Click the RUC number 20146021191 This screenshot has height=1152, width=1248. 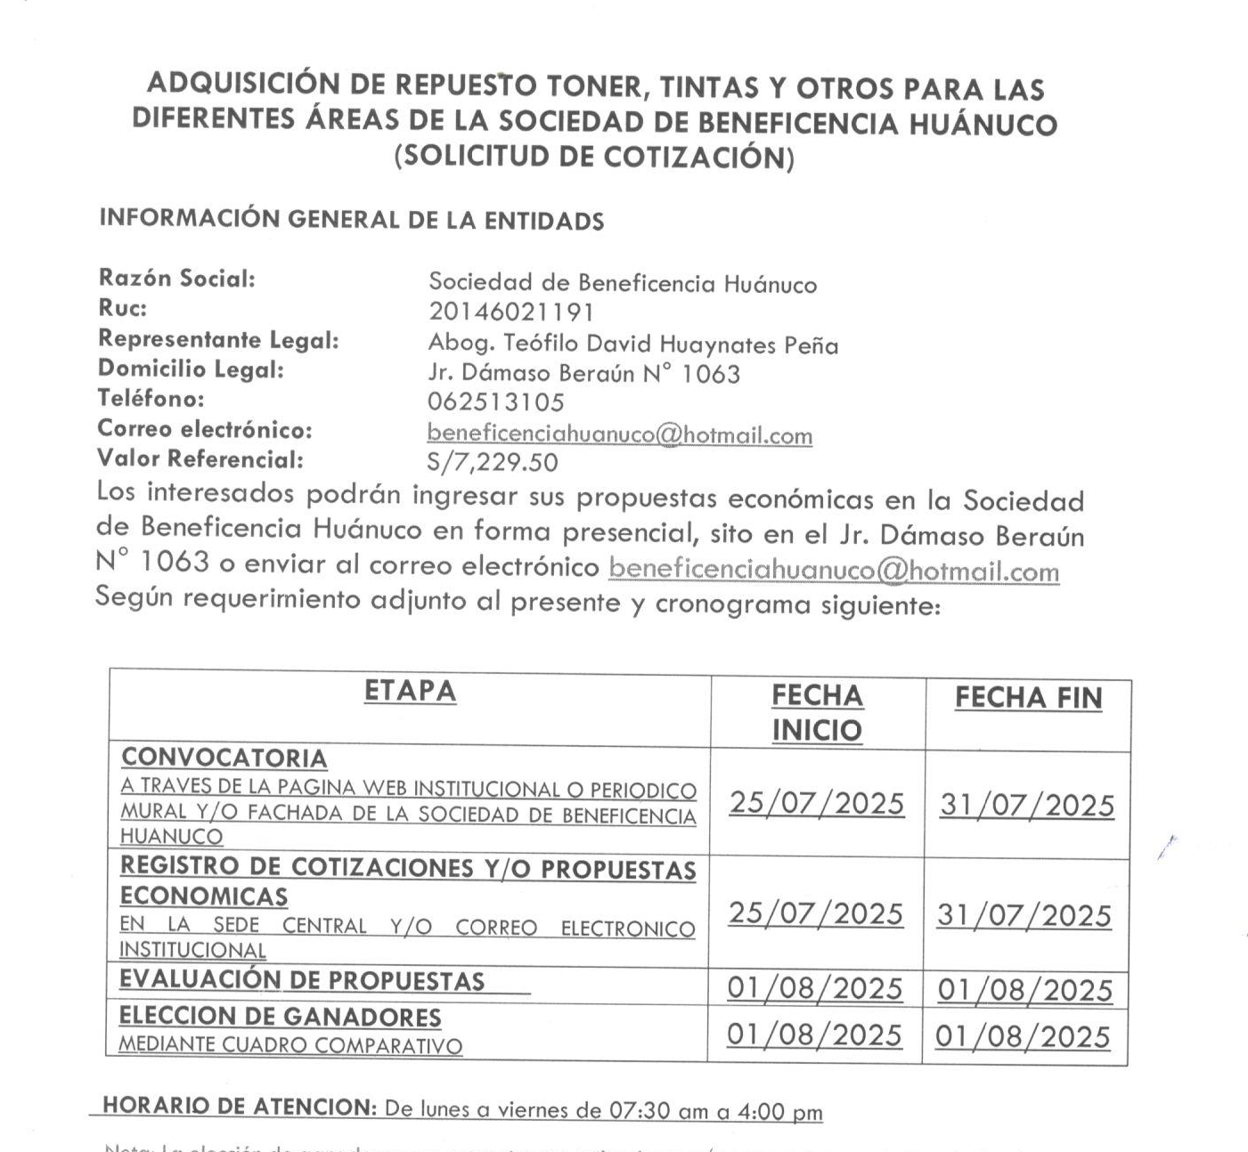[510, 312]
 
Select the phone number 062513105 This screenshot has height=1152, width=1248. [495, 402]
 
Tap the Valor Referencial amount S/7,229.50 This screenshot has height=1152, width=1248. [493, 463]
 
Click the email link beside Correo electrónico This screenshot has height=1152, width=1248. [619, 434]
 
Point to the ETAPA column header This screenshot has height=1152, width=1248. [410, 692]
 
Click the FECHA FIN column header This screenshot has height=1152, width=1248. [1028, 698]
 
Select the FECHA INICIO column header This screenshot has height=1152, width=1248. [817, 712]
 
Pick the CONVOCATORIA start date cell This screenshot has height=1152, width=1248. [817, 803]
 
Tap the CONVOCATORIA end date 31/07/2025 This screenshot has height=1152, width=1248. [1027, 806]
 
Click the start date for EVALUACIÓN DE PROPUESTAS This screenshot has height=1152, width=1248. [815, 988]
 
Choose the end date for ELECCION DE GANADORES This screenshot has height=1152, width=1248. [1023, 1037]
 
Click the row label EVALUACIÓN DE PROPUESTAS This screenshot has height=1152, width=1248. [302, 980]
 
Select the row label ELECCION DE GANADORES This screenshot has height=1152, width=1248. [280, 1017]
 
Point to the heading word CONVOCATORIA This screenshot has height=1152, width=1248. [224, 759]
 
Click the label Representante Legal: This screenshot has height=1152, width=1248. [218, 339]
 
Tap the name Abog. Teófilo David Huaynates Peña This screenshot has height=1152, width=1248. [632, 344]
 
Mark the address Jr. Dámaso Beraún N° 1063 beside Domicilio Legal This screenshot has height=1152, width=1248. [583, 373]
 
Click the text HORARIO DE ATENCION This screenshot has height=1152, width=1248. [240, 1107]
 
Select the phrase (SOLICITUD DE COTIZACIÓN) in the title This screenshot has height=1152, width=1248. [594, 157]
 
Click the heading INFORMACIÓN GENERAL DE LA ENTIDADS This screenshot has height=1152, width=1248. [351, 219]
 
